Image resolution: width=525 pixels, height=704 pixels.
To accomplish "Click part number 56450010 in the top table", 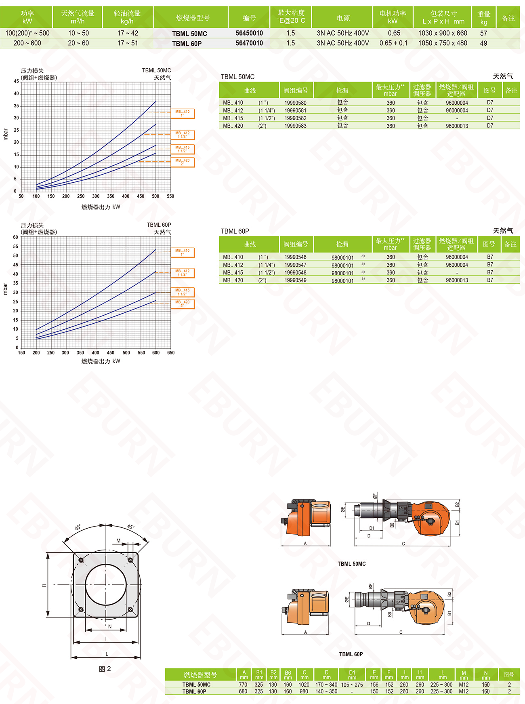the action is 249,33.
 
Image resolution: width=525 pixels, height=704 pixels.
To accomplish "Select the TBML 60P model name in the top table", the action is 187,44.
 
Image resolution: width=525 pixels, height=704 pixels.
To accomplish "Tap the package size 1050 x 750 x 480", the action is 443,43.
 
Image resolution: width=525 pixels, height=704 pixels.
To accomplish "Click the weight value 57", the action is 483,33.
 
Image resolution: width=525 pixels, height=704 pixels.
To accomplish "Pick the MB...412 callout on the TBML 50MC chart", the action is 183,135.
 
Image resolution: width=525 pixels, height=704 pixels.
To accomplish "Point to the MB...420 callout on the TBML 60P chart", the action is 183,304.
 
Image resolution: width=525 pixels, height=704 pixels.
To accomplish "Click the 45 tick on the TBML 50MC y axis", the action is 17,81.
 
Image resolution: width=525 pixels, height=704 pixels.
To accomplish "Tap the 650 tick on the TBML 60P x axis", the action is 171,353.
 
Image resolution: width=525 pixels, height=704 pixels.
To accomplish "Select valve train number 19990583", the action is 295,126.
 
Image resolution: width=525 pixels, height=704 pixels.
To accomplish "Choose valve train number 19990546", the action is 295,257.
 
